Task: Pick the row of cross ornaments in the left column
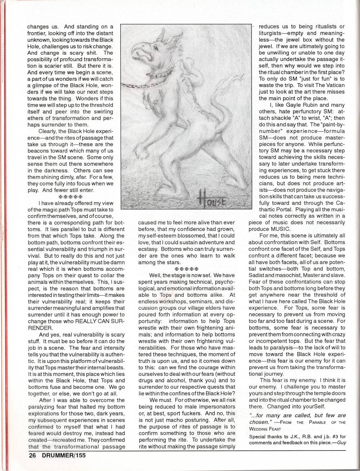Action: point(71,197)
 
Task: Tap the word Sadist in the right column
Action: point(258,275)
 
